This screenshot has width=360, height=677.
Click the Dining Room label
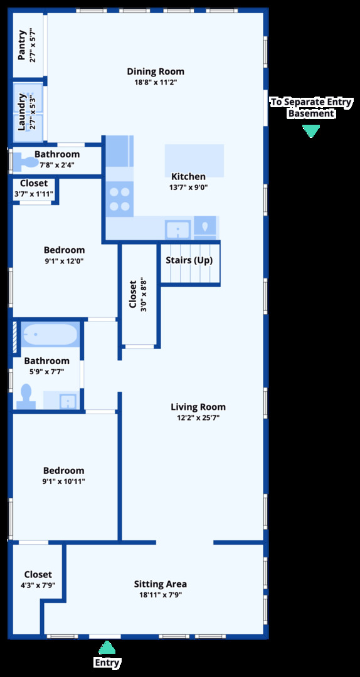click(156, 71)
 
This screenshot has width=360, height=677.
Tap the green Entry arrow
click(107, 648)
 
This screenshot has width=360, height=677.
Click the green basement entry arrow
click(310, 131)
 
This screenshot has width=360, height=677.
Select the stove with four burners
click(120, 199)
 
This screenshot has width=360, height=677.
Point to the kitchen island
click(194, 160)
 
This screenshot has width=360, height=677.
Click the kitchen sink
click(177, 229)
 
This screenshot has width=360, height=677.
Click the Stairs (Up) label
click(189, 261)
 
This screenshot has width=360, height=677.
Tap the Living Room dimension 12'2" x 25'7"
click(198, 417)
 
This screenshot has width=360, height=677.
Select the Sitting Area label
click(161, 584)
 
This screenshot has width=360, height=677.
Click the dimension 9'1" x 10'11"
click(63, 481)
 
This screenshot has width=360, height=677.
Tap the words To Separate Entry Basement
click(311, 108)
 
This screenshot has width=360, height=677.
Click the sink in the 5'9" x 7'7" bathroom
click(68, 401)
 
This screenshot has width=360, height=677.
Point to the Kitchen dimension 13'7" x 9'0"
click(188, 187)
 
